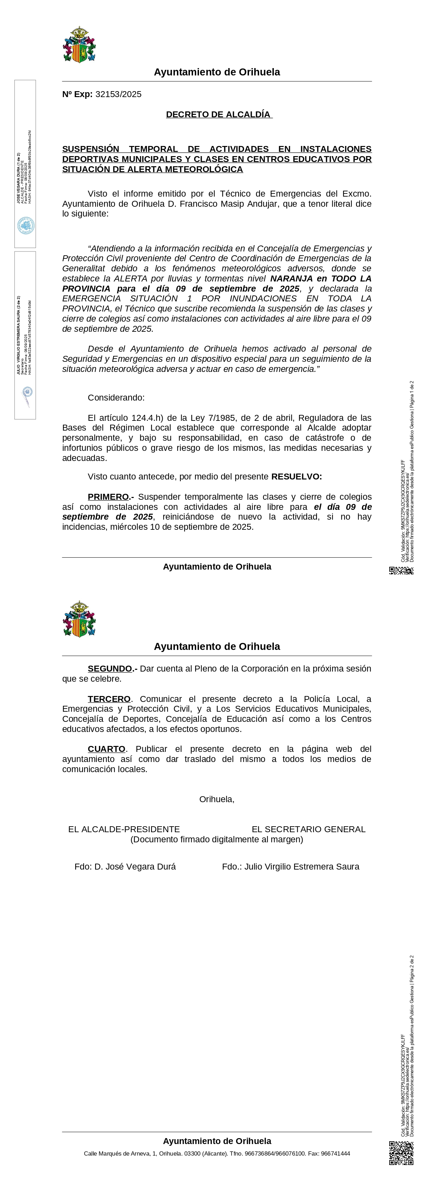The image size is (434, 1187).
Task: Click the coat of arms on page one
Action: coord(79,45)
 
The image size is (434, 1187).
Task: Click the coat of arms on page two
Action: coord(79,619)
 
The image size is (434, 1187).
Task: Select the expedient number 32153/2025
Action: coord(118,94)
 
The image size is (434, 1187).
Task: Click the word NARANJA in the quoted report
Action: coord(291,279)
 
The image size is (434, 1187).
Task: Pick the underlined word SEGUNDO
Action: coord(110,669)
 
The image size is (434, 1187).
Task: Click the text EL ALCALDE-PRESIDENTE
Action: coord(123,829)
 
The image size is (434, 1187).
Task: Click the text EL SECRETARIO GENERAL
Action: coord(308,829)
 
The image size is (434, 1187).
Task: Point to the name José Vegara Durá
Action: coord(135,867)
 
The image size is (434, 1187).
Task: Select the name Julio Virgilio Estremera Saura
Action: coord(302,867)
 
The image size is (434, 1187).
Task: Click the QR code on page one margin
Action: coord(401,571)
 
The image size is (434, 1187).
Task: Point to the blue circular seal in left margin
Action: coord(26,226)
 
